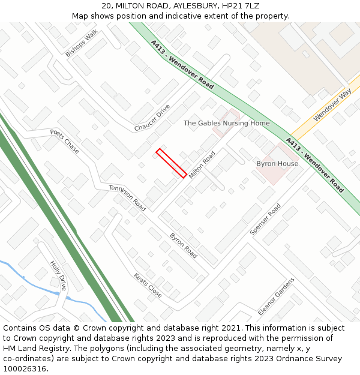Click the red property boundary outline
point(171,163)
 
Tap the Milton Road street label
point(202,164)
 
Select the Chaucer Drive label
point(152,118)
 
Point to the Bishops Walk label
point(81,44)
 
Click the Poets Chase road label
point(65,141)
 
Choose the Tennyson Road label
point(127,197)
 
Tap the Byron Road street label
point(183,245)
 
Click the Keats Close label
point(148,286)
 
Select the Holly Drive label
point(58,275)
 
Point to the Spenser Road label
point(265,219)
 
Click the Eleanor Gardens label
point(276,296)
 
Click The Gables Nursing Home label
point(227,124)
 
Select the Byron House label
point(277,164)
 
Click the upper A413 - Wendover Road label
point(182,65)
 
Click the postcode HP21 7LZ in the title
point(239,6)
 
